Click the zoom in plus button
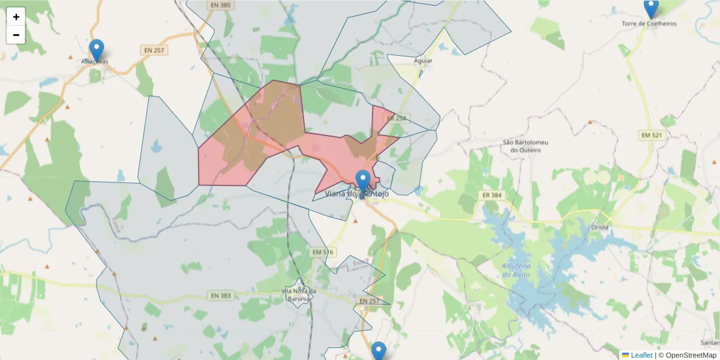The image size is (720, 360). (x=16, y=17)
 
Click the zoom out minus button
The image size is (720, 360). (x=16, y=35)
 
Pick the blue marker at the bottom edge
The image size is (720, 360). (x=378, y=352)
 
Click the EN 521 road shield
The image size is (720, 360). (x=652, y=136)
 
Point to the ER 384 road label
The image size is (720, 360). (x=491, y=195)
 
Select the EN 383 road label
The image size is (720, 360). (x=221, y=296)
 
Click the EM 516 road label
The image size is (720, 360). (x=322, y=253)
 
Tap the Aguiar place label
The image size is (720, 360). (x=423, y=61)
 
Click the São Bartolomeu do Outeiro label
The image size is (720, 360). (x=525, y=146)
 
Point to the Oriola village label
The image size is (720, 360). (x=599, y=227)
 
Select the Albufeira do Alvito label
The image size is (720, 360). (x=517, y=270)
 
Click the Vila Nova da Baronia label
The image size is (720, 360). (x=299, y=295)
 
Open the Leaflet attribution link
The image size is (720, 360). (x=641, y=355)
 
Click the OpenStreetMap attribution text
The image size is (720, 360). (x=687, y=355)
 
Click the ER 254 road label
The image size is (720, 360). (x=397, y=118)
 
